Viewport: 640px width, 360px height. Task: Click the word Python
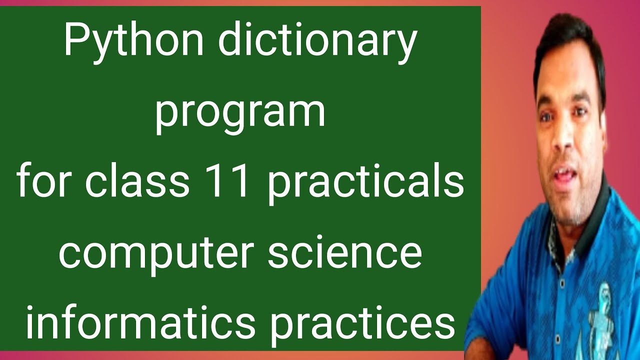coord(133,42)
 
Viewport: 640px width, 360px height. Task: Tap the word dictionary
coord(316,42)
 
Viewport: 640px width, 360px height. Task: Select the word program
coord(240,113)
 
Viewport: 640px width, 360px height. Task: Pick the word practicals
coord(365,182)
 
